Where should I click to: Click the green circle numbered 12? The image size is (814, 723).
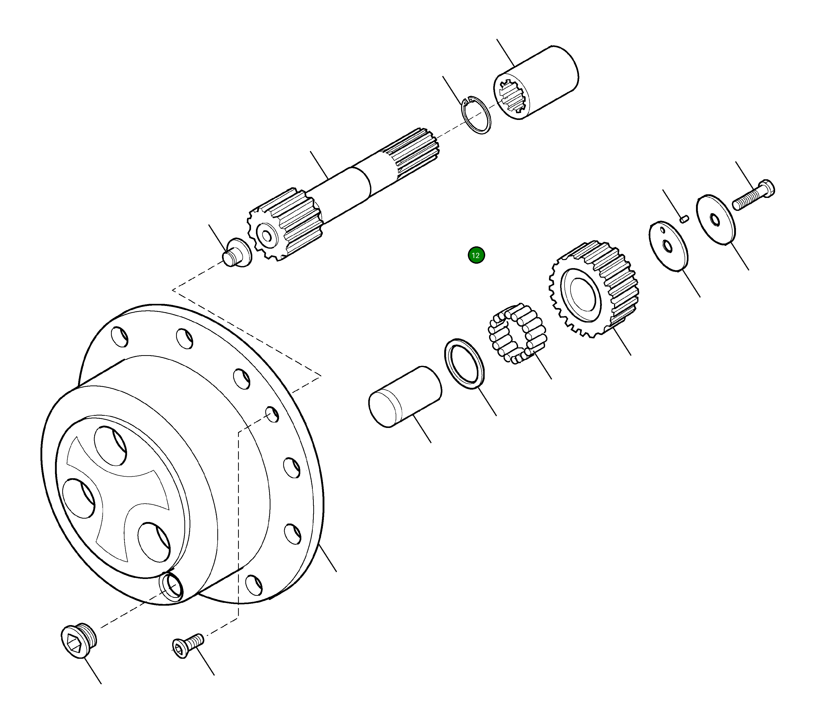pyautogui.click(x=476, y=255)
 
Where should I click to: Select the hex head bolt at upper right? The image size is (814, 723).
pyautogui.click(x=754, y=196)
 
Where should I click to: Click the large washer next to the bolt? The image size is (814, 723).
pyautogui.click(x=716, y=220)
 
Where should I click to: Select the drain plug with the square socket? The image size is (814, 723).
pyautogui.click(x=79, y=640)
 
